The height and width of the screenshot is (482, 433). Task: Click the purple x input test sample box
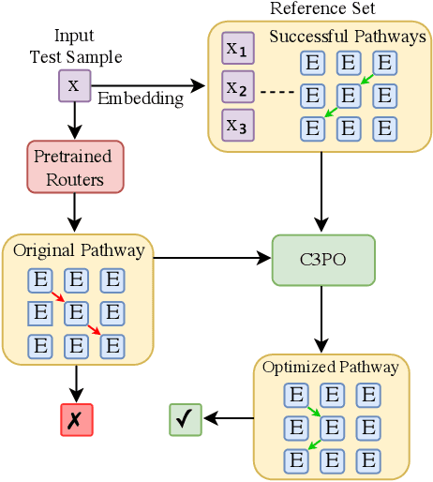(x=74, y=86)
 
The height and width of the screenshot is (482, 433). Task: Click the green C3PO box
(x=322, y=260)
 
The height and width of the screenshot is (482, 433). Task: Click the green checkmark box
(x=186, y=419)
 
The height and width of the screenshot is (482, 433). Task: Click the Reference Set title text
(x=321, y=9)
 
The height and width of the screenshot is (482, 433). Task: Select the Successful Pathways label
(x=347, y=38)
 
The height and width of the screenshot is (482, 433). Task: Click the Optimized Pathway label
(x=331, y=367)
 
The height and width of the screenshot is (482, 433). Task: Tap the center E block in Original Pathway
(x=76, y=312)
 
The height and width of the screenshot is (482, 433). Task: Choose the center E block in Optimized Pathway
(x=333, y=428)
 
